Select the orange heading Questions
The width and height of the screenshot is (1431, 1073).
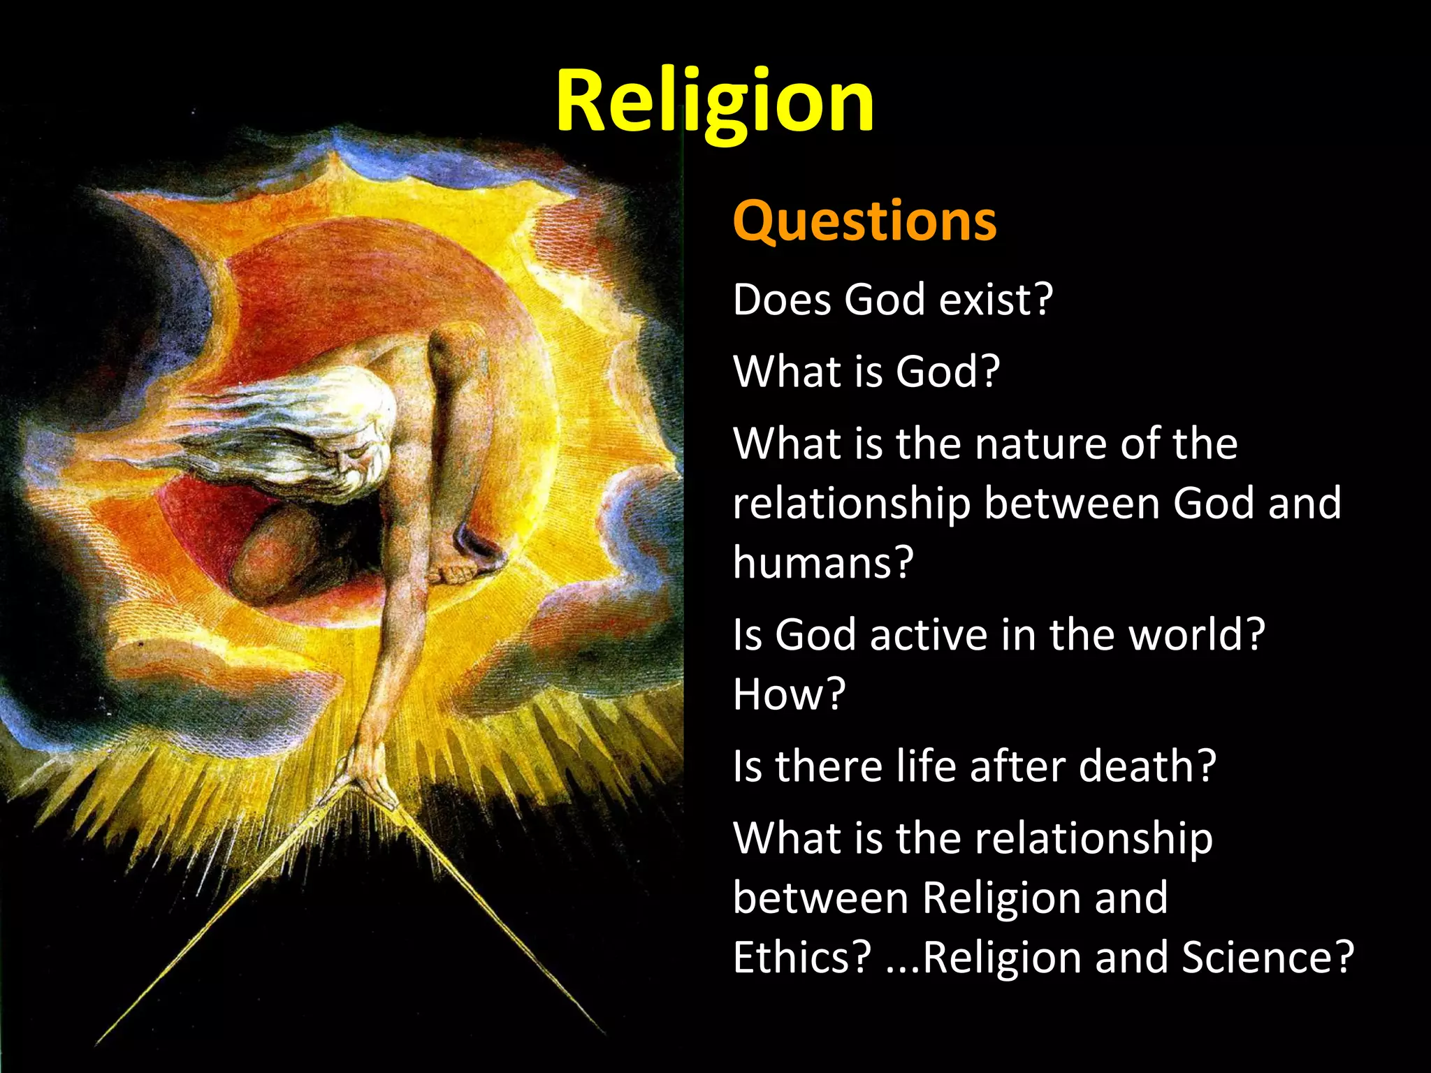tap(864, 221)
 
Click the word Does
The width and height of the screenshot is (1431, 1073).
tap(781, 300)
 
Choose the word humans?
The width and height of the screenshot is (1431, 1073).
tap(823, 562)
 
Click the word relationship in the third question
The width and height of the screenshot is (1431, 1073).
tap(852, 504)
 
